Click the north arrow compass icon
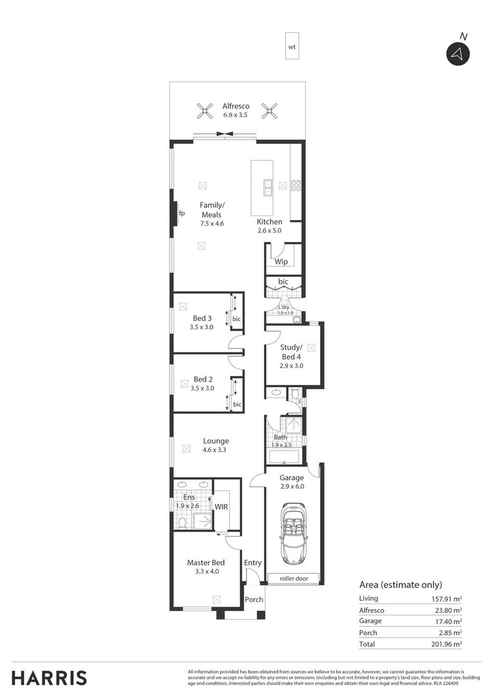coord(458,54)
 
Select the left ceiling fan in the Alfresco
coord(204,111)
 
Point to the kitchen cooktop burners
coord(297,186)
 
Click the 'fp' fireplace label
coord(182,214)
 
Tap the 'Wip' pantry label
coord(281,262)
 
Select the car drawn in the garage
coord(293,533)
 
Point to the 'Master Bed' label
coord(205,563)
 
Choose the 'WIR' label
coord(221,507)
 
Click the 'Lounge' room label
coord(215,441)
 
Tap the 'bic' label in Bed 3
coord(236,319)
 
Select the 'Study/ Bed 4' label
coord(290,352)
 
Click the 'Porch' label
coord(254,600)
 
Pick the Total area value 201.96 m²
coord(447,644)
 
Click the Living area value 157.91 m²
coord(447,598)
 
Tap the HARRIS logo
coord(49,678)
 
